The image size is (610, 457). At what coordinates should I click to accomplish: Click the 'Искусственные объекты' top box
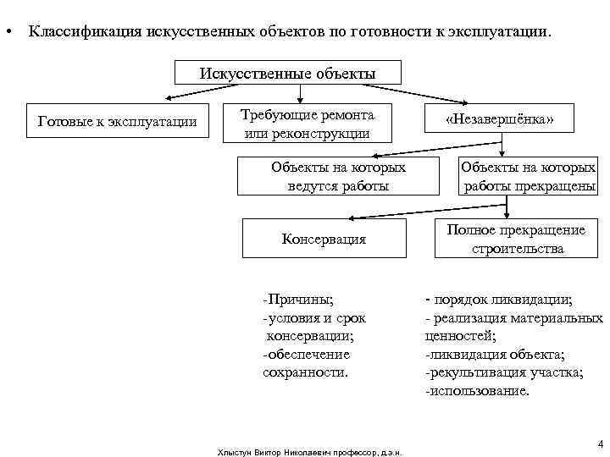(287, 72)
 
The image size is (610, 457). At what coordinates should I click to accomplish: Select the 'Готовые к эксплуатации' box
(118, 122)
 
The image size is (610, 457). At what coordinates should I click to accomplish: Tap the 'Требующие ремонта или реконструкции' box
(307, 123)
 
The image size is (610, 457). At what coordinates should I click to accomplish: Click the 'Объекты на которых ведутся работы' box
(338, 175)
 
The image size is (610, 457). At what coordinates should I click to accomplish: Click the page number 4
(599, 443)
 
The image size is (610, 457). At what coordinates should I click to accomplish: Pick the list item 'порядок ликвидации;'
(500, 300)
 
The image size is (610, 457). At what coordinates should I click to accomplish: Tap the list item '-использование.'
(477, 392)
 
